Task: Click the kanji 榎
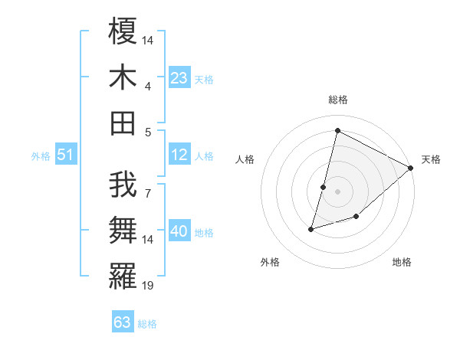click(123, 32)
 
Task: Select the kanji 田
click(123, 123)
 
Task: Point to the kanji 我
click(123, 185)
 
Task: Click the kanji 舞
click(123, 231)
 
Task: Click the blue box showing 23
click(179, 78)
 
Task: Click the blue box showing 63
click(123, 322)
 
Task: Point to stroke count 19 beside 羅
click(148, 286)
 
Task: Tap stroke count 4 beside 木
click(147, 87)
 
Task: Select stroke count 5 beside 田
click(147, 132)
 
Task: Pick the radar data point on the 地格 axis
click(357, 218)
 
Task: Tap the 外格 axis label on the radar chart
click(270, 262)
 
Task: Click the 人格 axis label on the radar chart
click(245, 159)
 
